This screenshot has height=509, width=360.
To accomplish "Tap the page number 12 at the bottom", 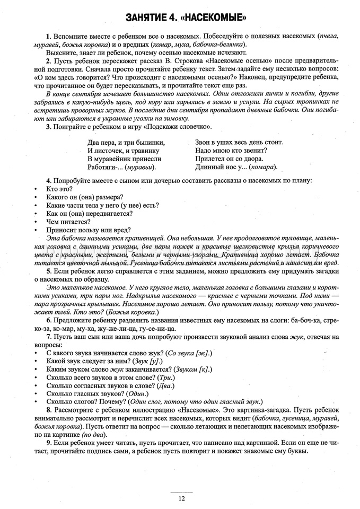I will click(x=182, y=498).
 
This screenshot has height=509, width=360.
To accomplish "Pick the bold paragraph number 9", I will click(x=48, y=442).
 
